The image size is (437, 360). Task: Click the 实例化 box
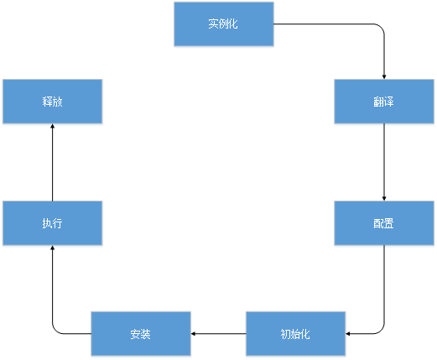(x=224, y=23)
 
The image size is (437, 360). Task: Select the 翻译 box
(x=384, y=102)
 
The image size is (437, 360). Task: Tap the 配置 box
(x=384, y=223)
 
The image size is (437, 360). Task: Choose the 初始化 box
(x=295, y=333)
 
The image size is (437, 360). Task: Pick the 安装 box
(x=141, y=333)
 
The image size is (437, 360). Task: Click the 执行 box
(x=52, y=223)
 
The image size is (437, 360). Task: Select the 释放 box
(x=52, y=102)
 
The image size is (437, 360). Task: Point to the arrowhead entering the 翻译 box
(x=384, y=77)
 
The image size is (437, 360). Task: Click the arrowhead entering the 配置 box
(x=384, y=199)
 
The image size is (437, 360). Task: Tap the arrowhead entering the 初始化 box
(x=348, y=333)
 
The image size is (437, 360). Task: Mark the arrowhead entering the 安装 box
(x=193, y=333)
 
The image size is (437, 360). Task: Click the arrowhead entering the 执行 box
(x=52, y=248)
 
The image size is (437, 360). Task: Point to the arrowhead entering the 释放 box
(x=52, y=126)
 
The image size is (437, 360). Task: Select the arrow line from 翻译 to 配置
(x=384, y=162)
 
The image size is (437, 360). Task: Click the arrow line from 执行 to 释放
(x=52, y=162)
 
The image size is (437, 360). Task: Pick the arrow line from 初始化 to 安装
(x=218, y=333)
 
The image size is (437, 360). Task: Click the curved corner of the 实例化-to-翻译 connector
(x=381, y=27)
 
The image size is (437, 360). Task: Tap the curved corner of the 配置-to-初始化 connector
(x=381, y=331)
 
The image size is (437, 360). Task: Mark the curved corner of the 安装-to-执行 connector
(x=55, y=331)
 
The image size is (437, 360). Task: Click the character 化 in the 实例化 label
(x=233, y=23)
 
